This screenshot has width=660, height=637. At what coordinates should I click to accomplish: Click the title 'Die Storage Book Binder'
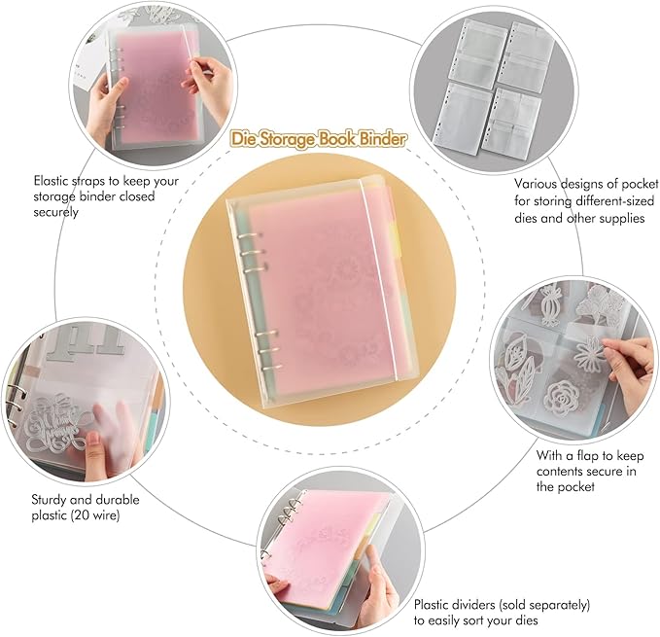[x=319, y=139]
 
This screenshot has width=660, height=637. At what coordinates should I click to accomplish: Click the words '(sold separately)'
[x=544, y=605]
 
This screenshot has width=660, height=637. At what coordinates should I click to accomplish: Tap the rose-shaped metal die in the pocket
[x=562, y=397]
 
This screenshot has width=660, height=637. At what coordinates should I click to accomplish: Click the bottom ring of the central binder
[x=270, y=368]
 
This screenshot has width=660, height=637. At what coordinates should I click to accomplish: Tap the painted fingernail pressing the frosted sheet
[x=92, y=440]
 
